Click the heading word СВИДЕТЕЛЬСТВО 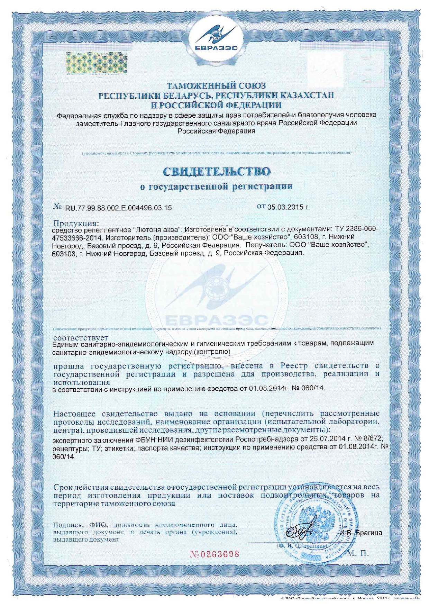[x=217, y=171]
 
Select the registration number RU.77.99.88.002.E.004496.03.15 [x=118, y=208]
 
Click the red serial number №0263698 [x=214, y=554]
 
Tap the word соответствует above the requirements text [x=81, y=337]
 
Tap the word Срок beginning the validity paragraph [x=63, y=487]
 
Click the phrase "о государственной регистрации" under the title [x=217, y=187]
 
